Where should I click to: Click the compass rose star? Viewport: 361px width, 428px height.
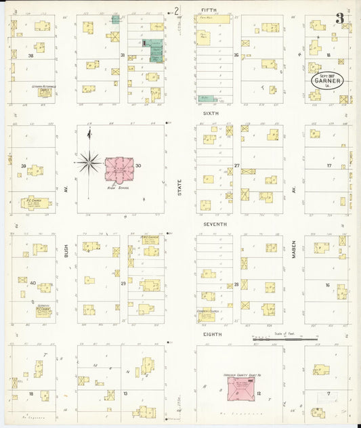tap(88, 162)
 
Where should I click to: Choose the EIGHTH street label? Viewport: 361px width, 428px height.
tap(211, 334)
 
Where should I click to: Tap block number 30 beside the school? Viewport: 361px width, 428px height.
tap(138, 166)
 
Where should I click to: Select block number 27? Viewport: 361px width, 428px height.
tap(237, 165)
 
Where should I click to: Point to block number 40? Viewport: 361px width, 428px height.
tap(33, 282)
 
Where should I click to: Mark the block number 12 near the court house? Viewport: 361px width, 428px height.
tap(259, 393)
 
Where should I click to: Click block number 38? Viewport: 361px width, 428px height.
tap(30, 56)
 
